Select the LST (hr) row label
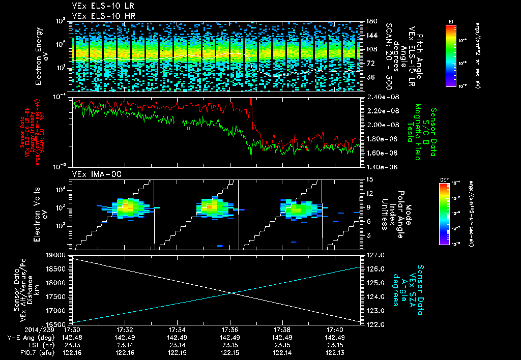[x=36, y=345]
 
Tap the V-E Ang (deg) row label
[x=28, y=338]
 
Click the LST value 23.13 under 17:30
[x=72, y=345]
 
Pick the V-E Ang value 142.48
[x=72, y=338]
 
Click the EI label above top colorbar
[x=451, y=21]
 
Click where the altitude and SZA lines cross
[x=232, y=292]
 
